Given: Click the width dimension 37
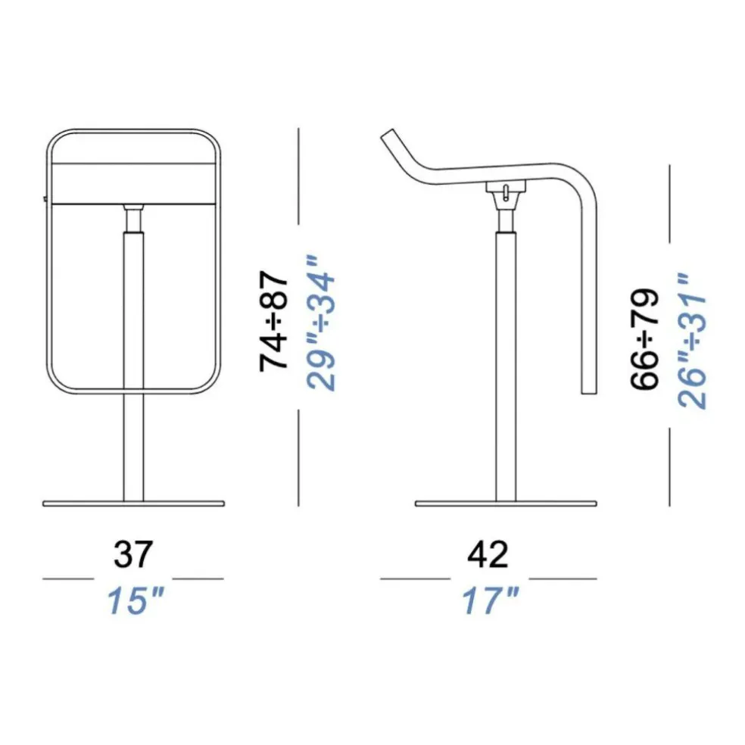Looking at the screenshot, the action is [x=133, y=554].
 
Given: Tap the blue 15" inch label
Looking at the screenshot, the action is [x=136, y=600].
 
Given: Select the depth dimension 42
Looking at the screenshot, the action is [x=488, y=554].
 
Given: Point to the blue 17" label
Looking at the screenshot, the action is [x=491, y=600].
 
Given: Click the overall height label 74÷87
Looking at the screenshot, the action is [x=273, y=321].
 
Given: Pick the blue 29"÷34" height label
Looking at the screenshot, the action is [x=321, y=323].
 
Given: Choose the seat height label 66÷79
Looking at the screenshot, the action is [x=645, y=338].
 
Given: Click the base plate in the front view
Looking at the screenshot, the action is [x=133, y=503].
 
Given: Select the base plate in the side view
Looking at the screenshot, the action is [x=506, y=503].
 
